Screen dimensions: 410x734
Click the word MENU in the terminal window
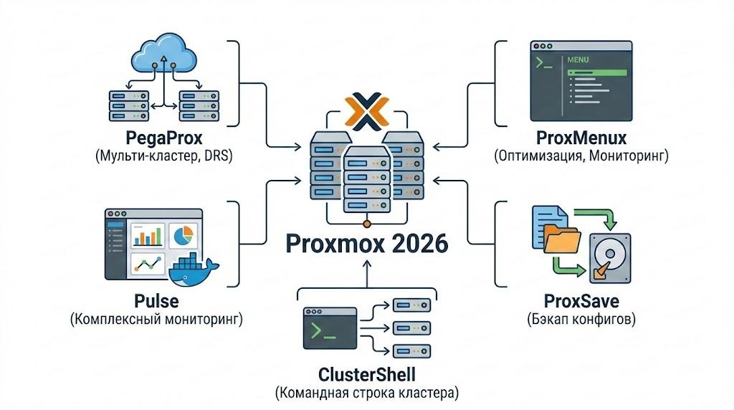[x=578, y=60]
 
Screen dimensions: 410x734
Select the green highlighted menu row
[x=596, y=72]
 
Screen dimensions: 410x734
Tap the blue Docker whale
[x=192, y=270]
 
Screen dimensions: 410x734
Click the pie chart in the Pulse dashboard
[x=185, y=234]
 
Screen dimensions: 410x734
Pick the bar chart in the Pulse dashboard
[x=148, y=235]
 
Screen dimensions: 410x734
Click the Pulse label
[x=156, y=300]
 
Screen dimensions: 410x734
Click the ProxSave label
[x=581, y=300]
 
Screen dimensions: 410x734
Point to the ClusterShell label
[x=366, y=374]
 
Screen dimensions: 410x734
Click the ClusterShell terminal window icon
[x=330, y=329]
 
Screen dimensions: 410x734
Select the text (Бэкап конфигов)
[x=581, y=319]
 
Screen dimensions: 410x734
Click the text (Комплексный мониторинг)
[x=156, y=319]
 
